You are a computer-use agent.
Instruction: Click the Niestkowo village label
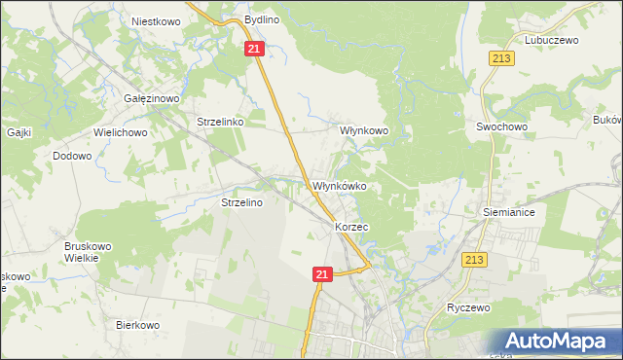pyautogui.click(x=154, y=19)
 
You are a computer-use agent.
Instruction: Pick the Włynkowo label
pyautogui.click(x=363, y=129)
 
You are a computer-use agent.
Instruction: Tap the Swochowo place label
pyautogui.click(x=501, y=126)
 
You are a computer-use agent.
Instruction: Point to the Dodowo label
pyautogui.click(x=73, y=156)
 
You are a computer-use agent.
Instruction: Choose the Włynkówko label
pyautogui.click(x=338, y=186)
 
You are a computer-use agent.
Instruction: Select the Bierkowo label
pyautogui.click(x=137, y=325)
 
